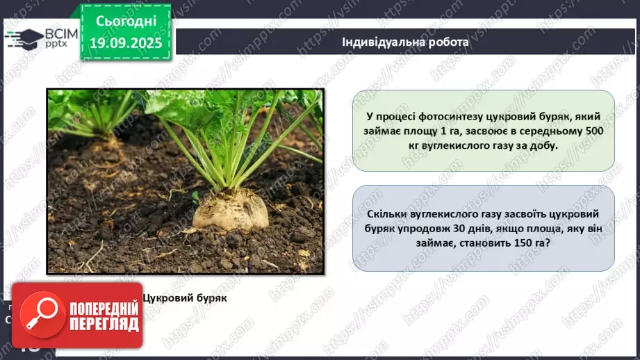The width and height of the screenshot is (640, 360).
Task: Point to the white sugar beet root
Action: click(230, 209)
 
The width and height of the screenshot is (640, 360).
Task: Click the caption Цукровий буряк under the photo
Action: click(185, 297)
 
